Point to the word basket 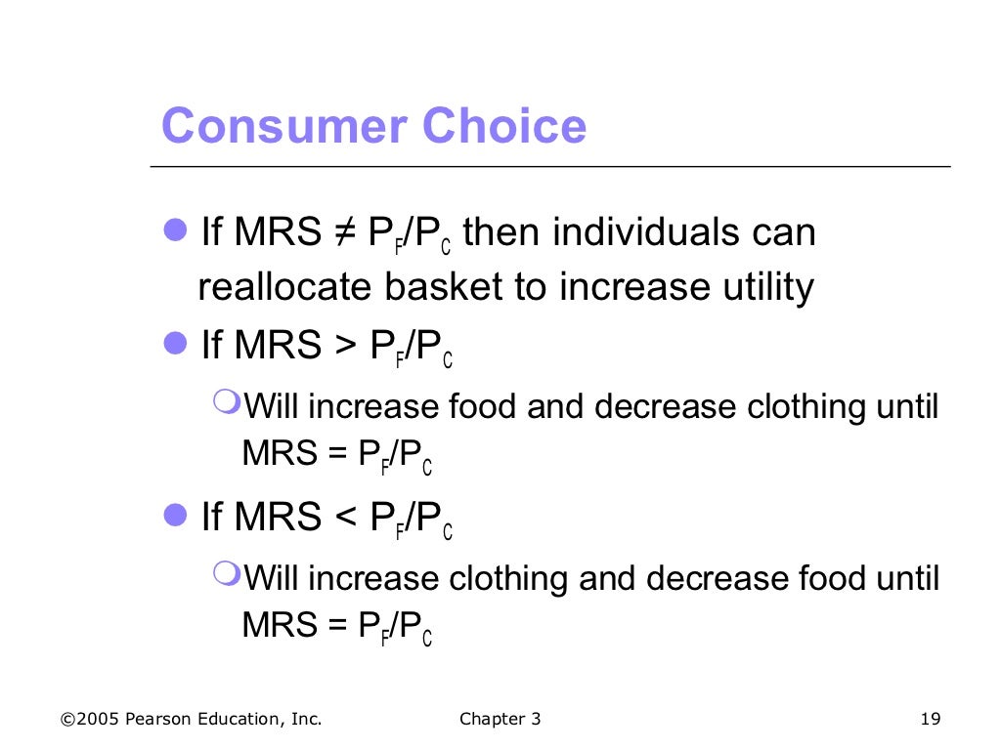pyautogui.click(x=441, y=287)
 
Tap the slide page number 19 pyautogui.click(x=930, y=720)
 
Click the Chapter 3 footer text pyautogui.click(x=500, y=720)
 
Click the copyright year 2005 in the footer pyautogui.click(x=99, y=720)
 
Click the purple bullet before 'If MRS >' pyautogui.click(x=176, y=343)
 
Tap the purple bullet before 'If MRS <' pyautogui.click(x=176, y=515)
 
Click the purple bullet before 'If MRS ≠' pyautogui.click(x=176, y=231)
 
